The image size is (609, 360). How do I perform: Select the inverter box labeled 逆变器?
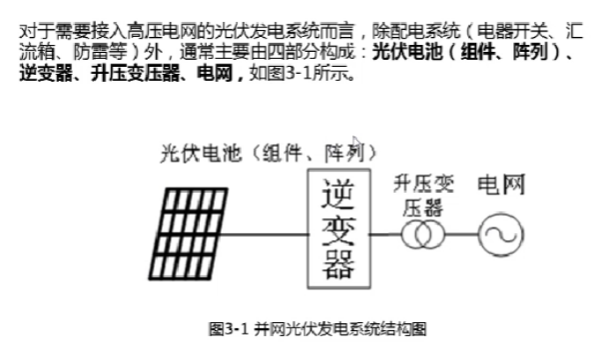336,229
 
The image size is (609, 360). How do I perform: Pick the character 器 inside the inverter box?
336,265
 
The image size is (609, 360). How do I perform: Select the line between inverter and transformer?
384,235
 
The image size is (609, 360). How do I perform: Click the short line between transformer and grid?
459,235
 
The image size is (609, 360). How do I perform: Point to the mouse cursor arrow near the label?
356,142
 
